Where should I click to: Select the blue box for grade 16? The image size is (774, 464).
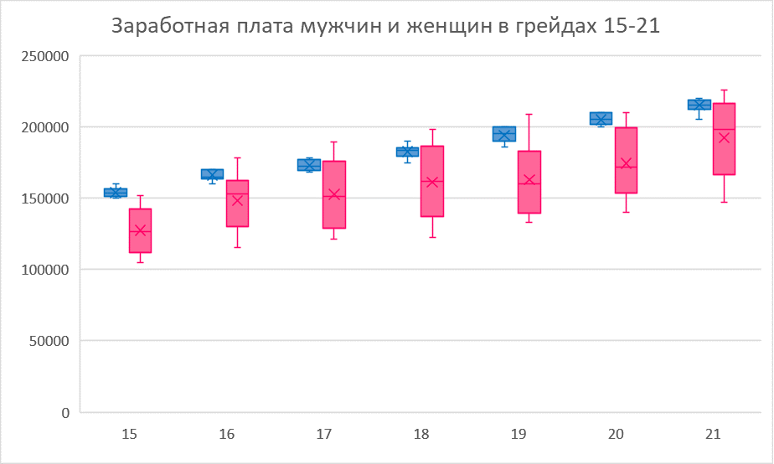[x=212, y=174]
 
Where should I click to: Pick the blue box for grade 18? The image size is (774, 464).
[x=407, y=152]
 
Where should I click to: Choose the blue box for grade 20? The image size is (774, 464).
[x=601, y=118]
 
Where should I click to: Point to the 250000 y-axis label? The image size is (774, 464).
[x=47, y=56]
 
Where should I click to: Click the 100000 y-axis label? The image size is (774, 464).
[x=47, y=270]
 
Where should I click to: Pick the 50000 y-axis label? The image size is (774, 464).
[x=50, y=341]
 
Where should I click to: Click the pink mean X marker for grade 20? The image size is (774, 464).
[x=626, y=163]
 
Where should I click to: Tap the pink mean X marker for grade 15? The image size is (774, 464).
[x=140, y=229]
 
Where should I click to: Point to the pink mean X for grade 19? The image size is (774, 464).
[x=529, y=179]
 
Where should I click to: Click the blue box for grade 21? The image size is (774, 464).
[x=699, y=105]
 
